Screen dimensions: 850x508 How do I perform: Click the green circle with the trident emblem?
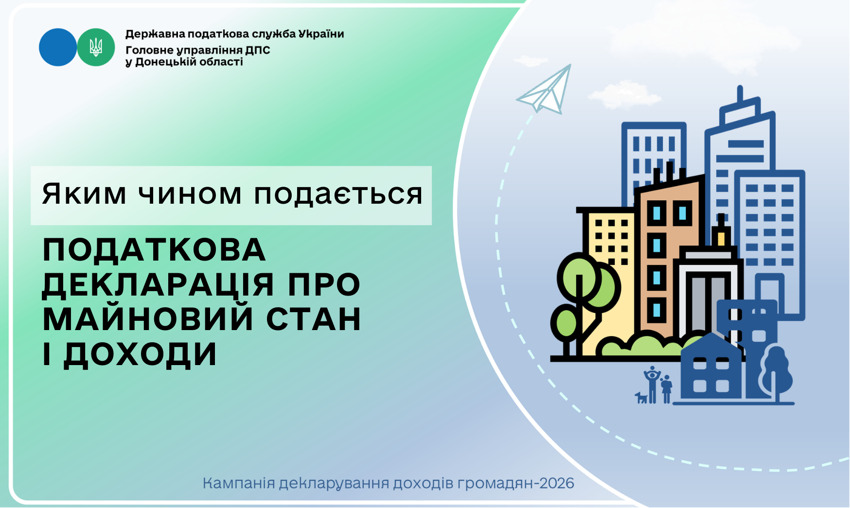(96, 47)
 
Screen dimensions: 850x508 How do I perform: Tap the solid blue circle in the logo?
(58, 47)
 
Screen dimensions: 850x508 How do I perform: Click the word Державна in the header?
(155, 34)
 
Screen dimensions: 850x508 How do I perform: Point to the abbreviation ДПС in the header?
(257, 50)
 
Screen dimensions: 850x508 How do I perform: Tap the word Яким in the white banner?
(84, 194)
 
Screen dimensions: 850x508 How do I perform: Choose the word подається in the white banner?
(338, 194)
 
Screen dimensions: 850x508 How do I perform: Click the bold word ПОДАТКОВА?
(154, 250)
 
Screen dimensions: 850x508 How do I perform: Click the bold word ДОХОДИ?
(140, 354)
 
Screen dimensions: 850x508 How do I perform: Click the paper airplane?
(546, 89)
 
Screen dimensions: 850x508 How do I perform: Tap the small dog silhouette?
(641, 398)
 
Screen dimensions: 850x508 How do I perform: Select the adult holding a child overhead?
(652, 385)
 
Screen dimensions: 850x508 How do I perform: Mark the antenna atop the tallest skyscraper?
(740, 94)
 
